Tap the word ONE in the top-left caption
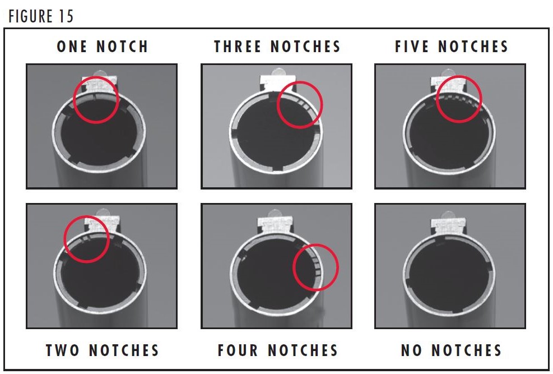(x=73, y=46)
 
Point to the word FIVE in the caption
(x=412, y=46)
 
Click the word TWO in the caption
(x=63, y=350)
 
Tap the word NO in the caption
(x=412, y=350)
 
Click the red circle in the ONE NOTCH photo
(x=96, y=100)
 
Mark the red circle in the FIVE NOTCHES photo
(x=458, y=99)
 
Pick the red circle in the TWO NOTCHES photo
(x=86, y=239)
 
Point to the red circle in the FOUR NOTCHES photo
(x=316, y=267)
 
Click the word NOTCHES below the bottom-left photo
(x=125, y=350)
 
